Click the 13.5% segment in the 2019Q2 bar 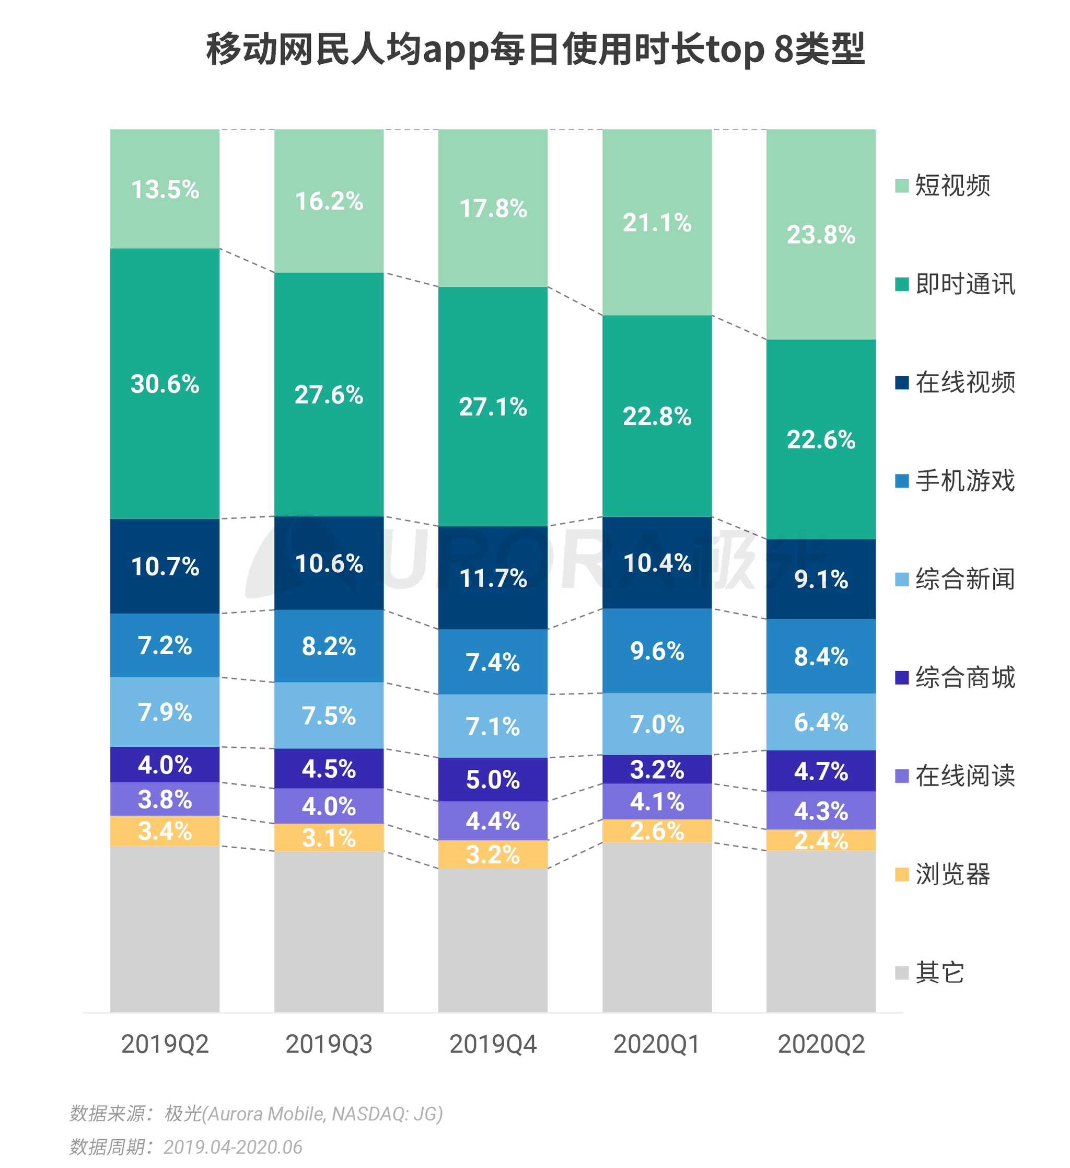(165, 190)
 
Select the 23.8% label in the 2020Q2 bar (821, 235)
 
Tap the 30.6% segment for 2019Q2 (165, 384)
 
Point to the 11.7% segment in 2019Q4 (493, 577)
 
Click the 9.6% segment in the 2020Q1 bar (657, 651)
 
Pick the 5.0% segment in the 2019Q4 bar (493, 779)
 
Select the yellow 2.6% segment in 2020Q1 (657, 831)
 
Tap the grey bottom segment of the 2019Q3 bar (329, 933)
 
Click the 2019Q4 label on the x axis (493, 1044)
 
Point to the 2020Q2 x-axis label (821, 1044)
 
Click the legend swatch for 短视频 (901, 186)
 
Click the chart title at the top (534, 49)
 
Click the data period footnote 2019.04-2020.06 (185, 1147)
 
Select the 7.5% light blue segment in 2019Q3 (329, 715)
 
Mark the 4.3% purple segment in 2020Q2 (821, 811)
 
